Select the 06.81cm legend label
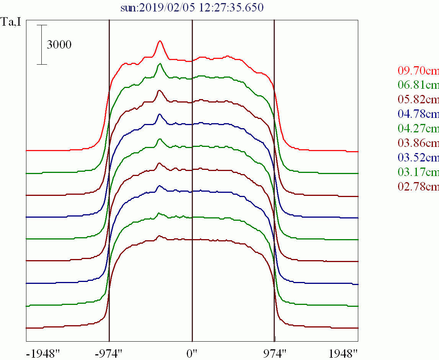418,85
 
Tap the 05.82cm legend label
418,99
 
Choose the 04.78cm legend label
418,114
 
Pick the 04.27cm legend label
418,129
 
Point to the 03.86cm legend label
418,143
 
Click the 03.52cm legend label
418,158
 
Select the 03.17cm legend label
418,172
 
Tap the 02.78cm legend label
418,187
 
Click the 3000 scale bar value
59,45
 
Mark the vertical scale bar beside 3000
42,45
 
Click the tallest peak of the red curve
160,41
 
